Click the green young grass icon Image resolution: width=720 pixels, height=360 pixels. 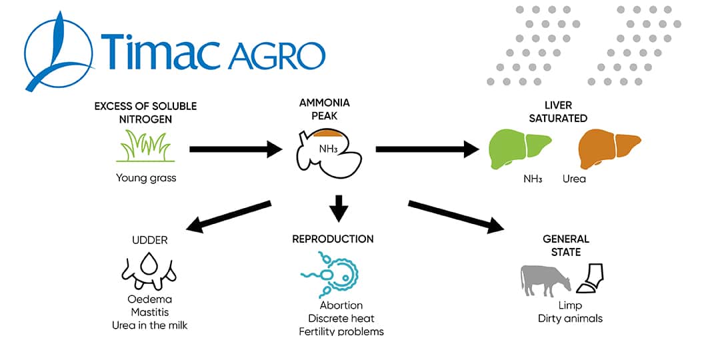click(145, 147)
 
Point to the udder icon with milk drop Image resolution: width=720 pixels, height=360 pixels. click(149, 273)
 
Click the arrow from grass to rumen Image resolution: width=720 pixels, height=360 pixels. click(236, 149)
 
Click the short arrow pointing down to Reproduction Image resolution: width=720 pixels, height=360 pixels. click(339, 208)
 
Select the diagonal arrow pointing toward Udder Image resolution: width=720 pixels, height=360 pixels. click(228, 216)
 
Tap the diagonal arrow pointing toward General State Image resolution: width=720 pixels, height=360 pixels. click(456, 217)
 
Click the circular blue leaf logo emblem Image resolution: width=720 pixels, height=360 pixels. click(58, 50)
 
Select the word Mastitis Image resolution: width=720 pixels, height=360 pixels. click(150, 313)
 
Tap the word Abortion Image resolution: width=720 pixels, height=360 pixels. click(341, 305)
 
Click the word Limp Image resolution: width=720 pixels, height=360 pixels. click(570, 306)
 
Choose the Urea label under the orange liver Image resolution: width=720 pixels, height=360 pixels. click(574, 179)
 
